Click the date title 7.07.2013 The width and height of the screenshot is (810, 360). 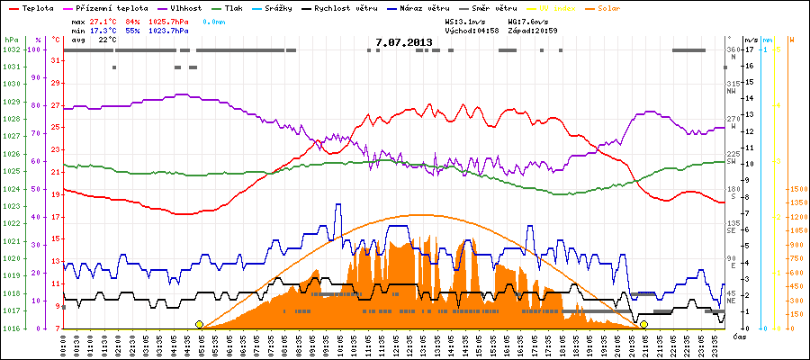(404, 41)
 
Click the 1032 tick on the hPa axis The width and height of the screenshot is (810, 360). (11, 49)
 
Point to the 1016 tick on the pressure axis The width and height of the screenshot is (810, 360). (11, 328)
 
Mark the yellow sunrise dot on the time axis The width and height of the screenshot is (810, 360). (200, 324)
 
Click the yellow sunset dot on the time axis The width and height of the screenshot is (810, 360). (644, 324)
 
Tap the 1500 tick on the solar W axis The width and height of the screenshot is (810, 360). (797, 189)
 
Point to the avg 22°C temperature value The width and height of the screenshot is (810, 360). (107, 40)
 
